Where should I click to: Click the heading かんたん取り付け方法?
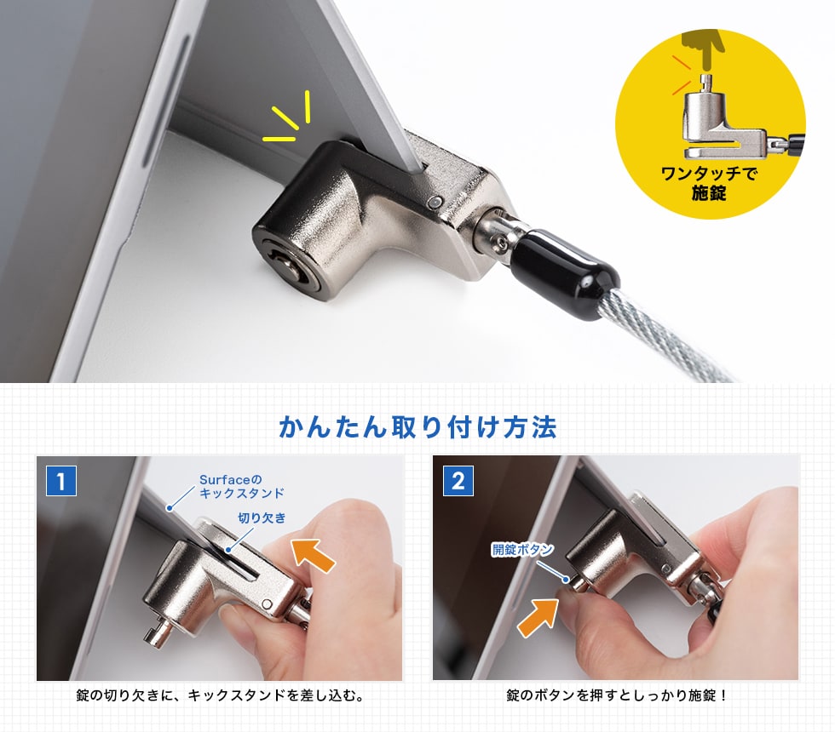point(417,426)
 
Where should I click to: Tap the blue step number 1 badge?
point(60,481)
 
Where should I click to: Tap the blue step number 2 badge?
point(458,481)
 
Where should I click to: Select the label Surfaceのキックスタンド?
point(241,486)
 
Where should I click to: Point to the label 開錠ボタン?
point(522,550)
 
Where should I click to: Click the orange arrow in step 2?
point(538,617)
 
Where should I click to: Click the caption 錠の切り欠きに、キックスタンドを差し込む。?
point(219,696)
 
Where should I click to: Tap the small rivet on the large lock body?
point(436,202)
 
